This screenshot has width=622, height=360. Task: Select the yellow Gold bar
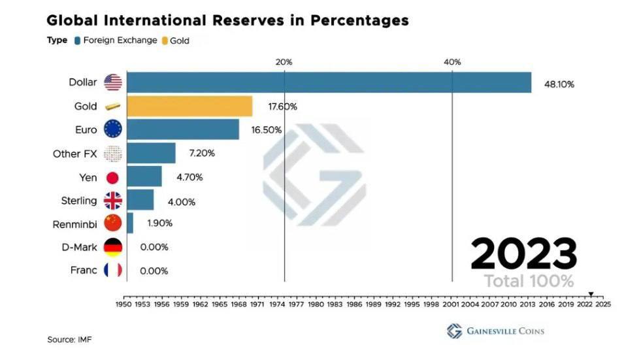pos(189,106)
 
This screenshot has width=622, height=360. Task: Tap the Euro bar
pos(183,129)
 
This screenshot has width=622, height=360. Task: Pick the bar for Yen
pos(144,176)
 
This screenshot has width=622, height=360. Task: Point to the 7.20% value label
pos(201,154)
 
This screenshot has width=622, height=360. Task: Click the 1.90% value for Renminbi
pos(159,223)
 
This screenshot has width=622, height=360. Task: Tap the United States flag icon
pos(113,82)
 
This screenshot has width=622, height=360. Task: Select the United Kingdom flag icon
pos(113,201)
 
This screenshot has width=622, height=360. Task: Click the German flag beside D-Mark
pos(113,248)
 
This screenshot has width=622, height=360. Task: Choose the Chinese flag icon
pos(113,223)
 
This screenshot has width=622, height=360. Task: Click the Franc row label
pos(83,270)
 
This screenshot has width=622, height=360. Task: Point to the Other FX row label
pos(74,154)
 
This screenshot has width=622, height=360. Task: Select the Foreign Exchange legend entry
pos(115,41)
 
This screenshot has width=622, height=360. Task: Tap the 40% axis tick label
pos(452,62)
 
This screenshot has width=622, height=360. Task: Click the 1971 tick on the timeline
pos(257,304)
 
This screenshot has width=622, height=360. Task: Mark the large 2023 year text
pos(524,254)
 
